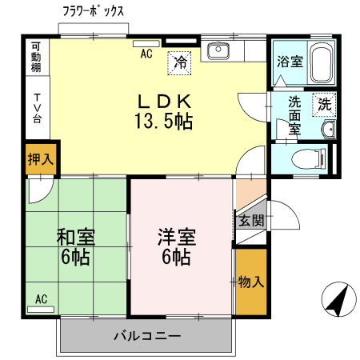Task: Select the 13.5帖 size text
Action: tap(163, 122)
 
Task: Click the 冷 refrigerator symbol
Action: tap(180, 62)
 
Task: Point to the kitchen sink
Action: tap(218, 52)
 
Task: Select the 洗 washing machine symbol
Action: tap(324, 102)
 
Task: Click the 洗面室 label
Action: tap(294, 114)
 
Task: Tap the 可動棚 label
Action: tap(35, 58)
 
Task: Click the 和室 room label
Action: tap(76, 238)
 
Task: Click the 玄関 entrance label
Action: tap(250, 220)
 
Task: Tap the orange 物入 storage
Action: tap(251, 282)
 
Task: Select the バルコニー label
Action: tap(146, 336)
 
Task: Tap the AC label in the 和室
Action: tap(41, 299)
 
